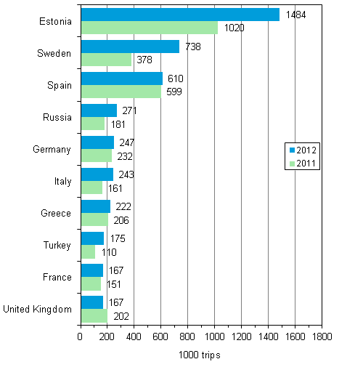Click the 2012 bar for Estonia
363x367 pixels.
(x=180, y=15)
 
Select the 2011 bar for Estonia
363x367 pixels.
(x=149, y=28)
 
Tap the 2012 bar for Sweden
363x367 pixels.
(x=130, y=47)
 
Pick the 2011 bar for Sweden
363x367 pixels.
(x=106, y=60)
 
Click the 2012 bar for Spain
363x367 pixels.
(x=121, y=78)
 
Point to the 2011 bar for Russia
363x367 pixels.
(x=93, y=124)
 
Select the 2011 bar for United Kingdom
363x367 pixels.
(x=94, y=315)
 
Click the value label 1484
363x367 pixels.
(x=294, y=15)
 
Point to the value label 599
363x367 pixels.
(x=174, y=92)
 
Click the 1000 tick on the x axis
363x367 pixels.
(x=215, y=336)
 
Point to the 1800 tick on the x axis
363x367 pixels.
(x=322, y=336)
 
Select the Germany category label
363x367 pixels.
(x=52, y=149)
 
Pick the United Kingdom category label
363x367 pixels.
(x=38, y=309)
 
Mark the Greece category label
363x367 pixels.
(x=57, y=213)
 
